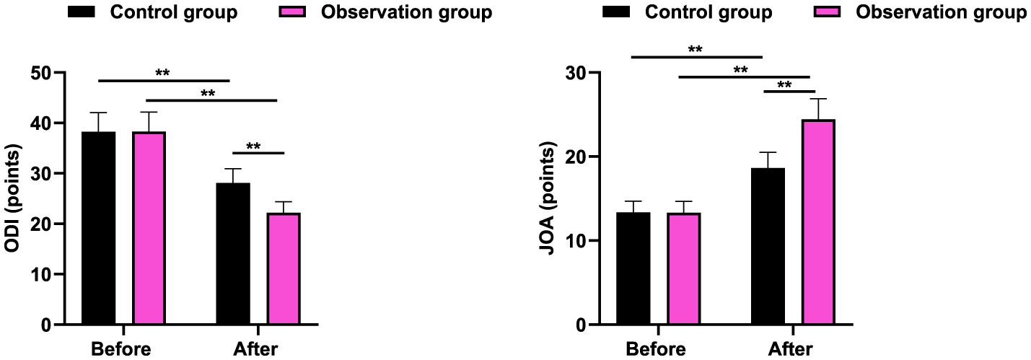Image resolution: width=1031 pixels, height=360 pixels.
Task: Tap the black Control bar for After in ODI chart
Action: coord(233,254)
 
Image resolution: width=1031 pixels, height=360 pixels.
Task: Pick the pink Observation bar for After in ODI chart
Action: coord(284,268)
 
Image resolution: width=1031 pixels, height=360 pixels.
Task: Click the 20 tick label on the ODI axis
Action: coord(42,224)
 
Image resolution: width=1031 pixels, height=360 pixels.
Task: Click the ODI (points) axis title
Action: coord(12,198)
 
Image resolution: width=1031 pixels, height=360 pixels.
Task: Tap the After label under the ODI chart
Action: coord(255,350)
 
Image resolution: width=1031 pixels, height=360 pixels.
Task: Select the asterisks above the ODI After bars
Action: coord(253,146)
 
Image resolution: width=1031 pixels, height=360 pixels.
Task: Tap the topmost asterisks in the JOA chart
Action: coord(696,50)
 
